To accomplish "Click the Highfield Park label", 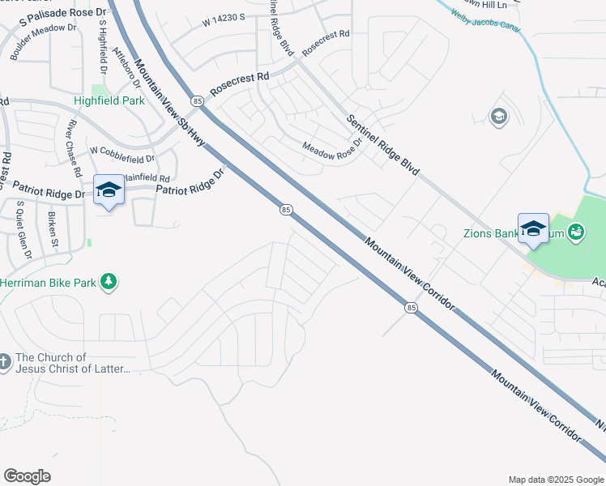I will [109, 101].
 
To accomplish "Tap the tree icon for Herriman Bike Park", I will [107, 283].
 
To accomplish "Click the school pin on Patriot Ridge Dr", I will [109, 190].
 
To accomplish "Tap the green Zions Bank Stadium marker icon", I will [576, 232].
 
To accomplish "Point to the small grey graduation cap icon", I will [499, 117].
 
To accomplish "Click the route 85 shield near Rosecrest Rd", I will [198, 100].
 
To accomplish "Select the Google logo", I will [27, 476].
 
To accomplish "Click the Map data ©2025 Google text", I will [555, 480].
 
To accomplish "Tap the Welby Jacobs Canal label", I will [477, 18].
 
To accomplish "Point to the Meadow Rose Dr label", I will [331, 151].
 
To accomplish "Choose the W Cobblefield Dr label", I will [122, 151].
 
